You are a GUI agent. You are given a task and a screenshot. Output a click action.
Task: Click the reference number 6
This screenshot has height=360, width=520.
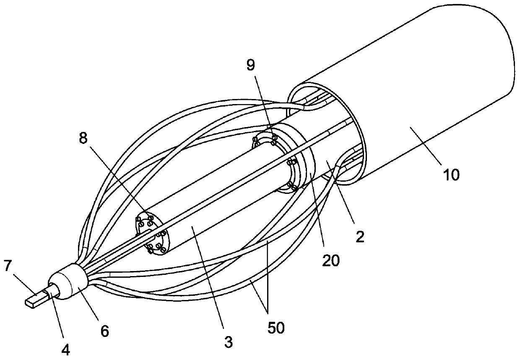104,331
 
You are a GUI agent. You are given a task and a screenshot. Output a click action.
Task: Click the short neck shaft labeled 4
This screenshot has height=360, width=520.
53,291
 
